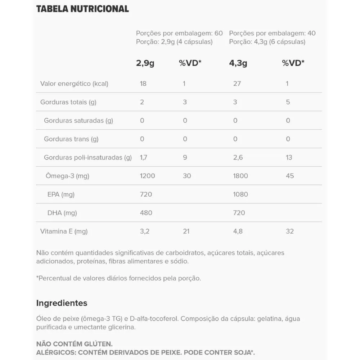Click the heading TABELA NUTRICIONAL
coord(82,9)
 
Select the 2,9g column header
coord(145,63)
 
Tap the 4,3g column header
coord(238,63)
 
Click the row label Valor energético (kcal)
coord(74,84)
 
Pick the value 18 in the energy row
coord(143,84)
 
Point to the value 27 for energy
coord(237,84)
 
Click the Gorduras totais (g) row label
coord(68,102)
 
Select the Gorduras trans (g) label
coord(71,139)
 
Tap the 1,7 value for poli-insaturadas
coord(144,157)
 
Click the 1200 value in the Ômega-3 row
coord(147,176)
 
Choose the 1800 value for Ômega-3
coord(240,176)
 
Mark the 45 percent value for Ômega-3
coord(290,176)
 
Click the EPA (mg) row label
coord(61,194)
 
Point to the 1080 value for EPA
coord(240,194)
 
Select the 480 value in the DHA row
coord(146,213)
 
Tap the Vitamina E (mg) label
coord(64,231)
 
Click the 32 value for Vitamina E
coord(290,231)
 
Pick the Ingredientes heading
coord(62,303)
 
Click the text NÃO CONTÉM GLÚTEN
coord(75,344)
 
